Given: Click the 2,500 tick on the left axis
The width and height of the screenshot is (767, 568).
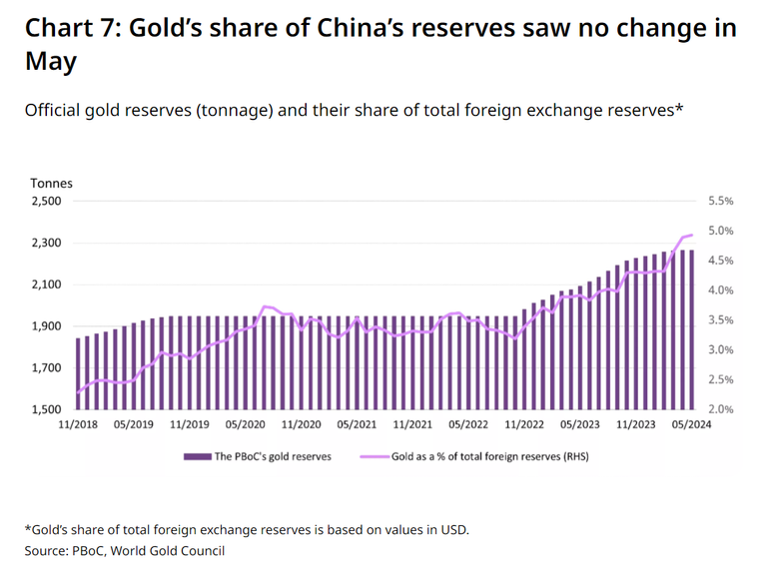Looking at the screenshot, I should (x=46, y=201).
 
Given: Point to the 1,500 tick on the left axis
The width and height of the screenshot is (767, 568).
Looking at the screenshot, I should (x=46, y=409).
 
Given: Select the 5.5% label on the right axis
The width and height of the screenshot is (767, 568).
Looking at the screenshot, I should (x=720, y=201).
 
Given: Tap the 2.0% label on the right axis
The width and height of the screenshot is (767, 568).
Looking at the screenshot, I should (x=720, y=409).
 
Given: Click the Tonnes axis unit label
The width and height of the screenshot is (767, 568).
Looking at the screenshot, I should (x=51, y=183).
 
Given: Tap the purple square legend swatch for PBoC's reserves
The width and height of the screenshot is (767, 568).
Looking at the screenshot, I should (x=189, y=456).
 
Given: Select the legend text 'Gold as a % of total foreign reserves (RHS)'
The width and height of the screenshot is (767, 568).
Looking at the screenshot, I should (x=488, y=456).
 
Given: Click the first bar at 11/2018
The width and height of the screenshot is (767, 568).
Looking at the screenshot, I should (x=78, y=373).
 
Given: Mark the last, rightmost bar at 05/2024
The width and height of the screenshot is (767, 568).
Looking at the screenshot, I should (x=691, y=329).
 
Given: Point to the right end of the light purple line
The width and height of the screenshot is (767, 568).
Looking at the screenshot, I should (x=692, y=235).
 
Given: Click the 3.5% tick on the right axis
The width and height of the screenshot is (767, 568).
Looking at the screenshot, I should (x=720, y=320).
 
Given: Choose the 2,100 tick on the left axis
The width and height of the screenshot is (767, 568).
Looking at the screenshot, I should (x=46, y=284).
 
